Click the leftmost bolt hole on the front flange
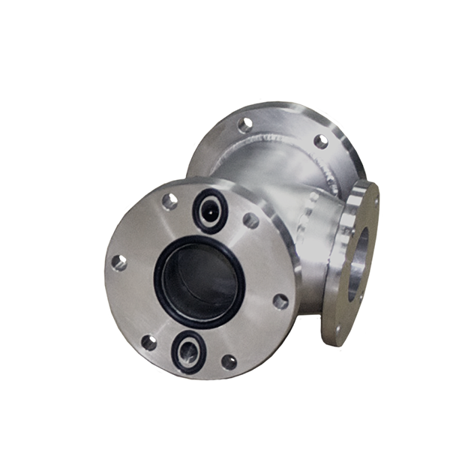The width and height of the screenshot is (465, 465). tap(116, 262)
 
